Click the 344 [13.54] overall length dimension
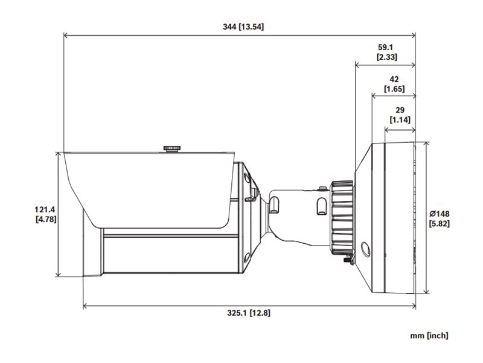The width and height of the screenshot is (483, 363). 243,27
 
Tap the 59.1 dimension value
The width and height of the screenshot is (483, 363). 385,47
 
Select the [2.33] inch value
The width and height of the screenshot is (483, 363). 387,57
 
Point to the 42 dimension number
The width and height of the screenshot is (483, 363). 394,79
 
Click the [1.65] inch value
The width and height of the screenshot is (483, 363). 394,89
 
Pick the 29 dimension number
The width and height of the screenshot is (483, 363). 400,110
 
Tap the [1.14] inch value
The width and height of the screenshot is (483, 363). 400,119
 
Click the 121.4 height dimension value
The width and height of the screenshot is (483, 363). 45,209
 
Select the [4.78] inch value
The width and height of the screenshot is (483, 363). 46,219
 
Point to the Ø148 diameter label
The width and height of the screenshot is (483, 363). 440,214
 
